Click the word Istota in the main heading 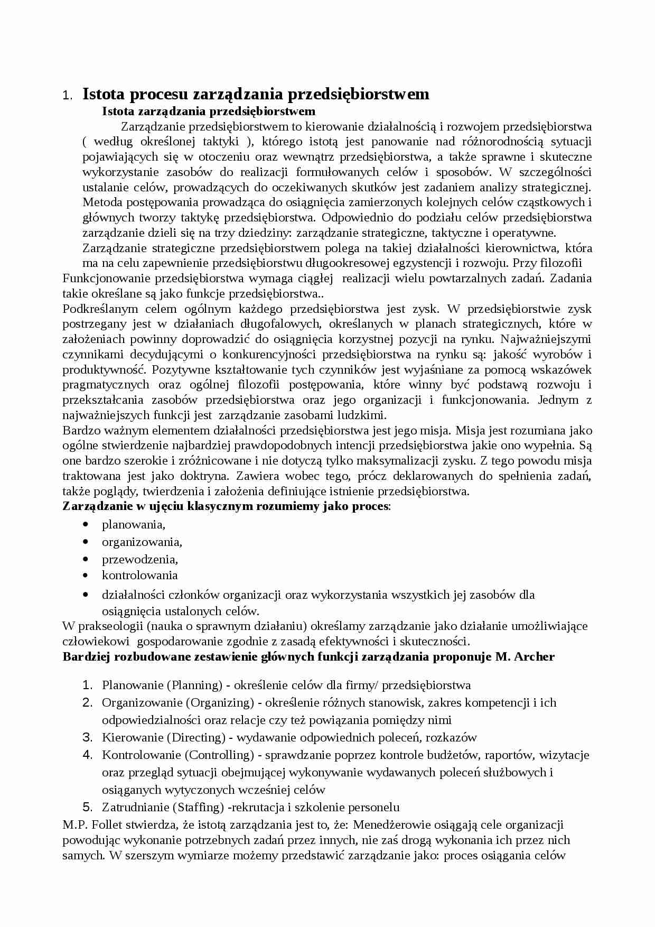(x=104, y=95)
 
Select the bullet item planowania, (x=134, y=524)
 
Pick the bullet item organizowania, (x=142, y=542)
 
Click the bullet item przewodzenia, (x=139, y=559)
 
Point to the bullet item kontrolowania (x=139, y=575)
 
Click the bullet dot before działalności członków (x=86, y=595)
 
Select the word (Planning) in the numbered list (x=194, y=685)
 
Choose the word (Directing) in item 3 (x=196, y=738)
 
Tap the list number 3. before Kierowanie (x=87, y=738)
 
